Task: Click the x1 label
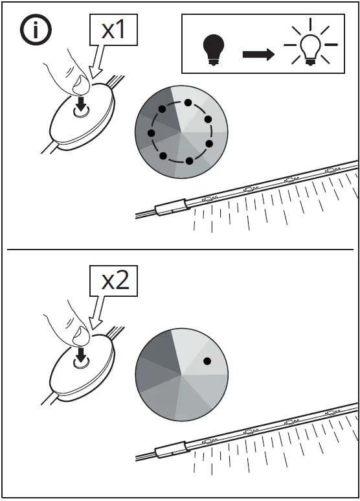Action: coord(114,29)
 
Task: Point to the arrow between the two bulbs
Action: coord(258,54)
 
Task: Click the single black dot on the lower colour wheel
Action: coord(207,360)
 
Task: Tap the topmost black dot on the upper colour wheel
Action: coord(188,102)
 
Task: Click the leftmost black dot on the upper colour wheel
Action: coord(151,133)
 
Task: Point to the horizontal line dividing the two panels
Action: coord(180,250)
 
